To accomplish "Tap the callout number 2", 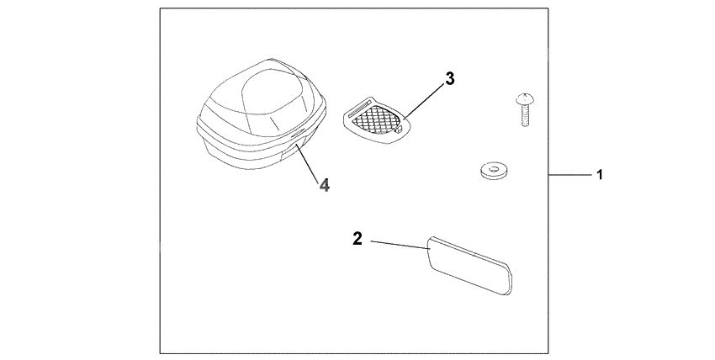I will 357,239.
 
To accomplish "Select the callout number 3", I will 450,78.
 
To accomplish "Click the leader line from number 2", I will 399,243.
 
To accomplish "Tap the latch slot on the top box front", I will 298,137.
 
